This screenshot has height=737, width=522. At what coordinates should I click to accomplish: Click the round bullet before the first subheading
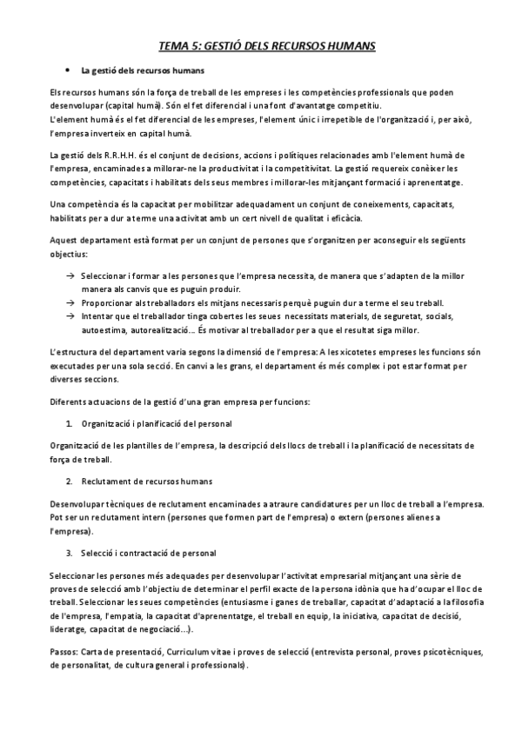[67, 70]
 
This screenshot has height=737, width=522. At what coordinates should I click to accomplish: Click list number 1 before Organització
[69, 424]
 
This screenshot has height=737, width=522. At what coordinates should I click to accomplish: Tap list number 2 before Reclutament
[69, 481]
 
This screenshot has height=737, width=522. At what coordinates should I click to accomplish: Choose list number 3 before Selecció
[69, 554]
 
